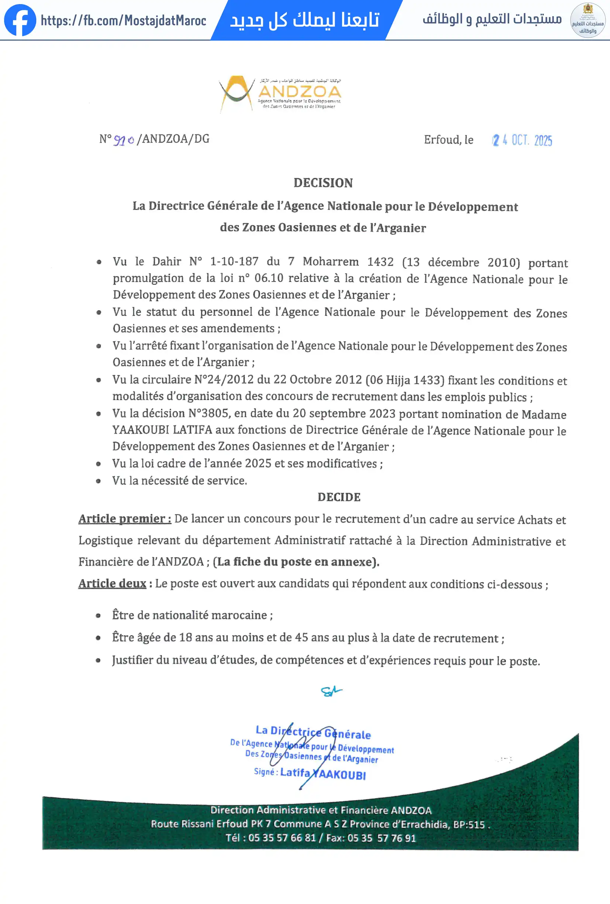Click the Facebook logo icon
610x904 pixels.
coord(20,20)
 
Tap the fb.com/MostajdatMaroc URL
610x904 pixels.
coord(123,20)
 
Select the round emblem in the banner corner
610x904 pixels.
coord(587,20)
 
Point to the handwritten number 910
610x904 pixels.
coord(124,140)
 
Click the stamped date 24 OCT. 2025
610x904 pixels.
coord(522,140)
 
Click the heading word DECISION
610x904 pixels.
coord(323,183)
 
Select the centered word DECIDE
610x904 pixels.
coord(339,497)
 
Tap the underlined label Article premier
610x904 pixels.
coord(124,519)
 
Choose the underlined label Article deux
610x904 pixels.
coord(112,583)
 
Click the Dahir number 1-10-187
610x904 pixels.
coord(234,261)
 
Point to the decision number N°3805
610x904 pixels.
coord(210,413)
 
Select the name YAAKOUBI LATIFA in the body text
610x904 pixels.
coord(162,430)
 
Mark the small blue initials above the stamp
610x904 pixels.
coord(331,691)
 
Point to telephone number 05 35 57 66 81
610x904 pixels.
coord(282,838)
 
